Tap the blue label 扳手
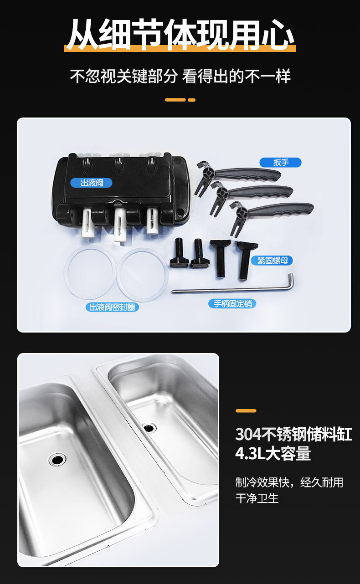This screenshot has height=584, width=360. [281, 162]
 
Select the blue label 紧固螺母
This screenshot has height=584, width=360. [272, 260]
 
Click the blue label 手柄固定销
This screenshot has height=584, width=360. [232, 303]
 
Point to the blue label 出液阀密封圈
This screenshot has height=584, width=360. [112, 307]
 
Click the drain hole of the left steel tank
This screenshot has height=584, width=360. [57, 459]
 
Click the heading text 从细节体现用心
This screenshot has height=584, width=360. [180, 35]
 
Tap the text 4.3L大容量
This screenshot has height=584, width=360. [273, 453]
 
